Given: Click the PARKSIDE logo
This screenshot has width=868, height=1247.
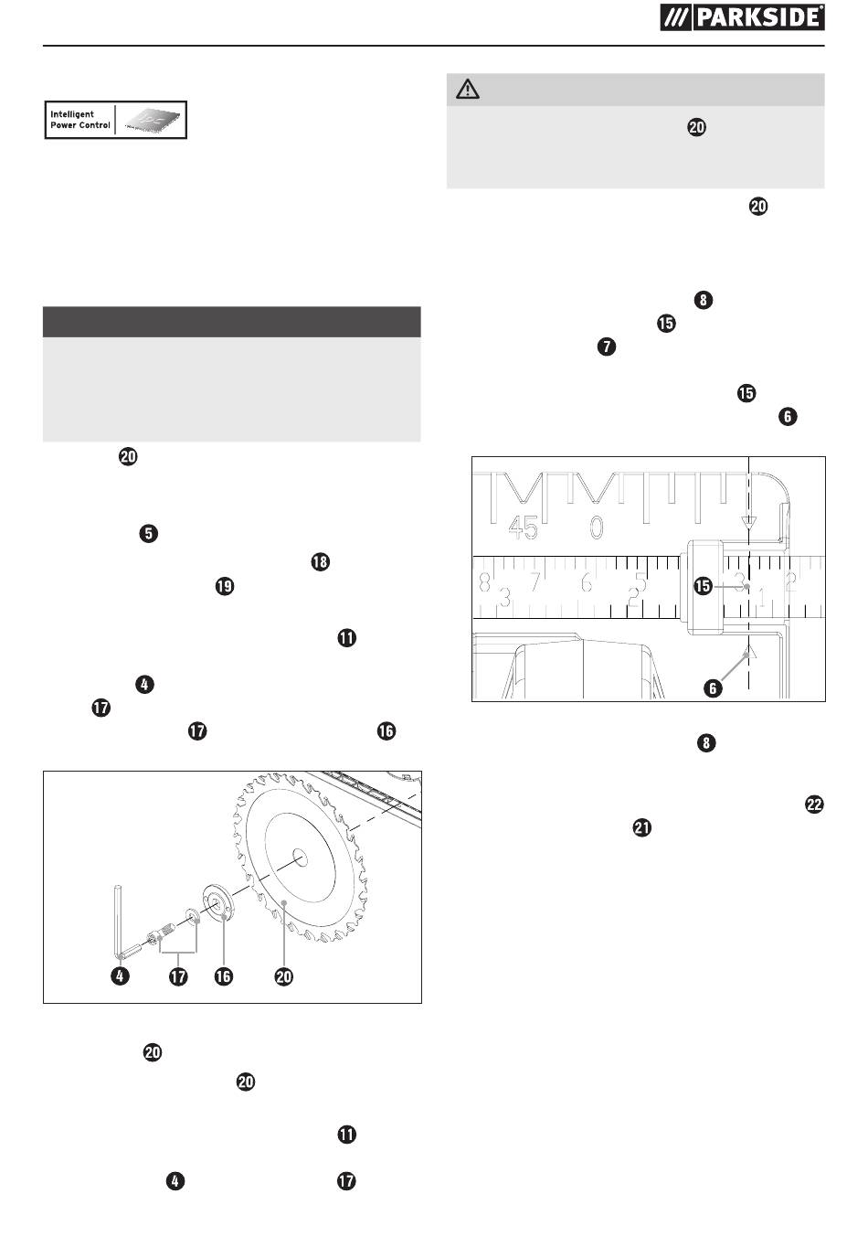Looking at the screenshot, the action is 742,17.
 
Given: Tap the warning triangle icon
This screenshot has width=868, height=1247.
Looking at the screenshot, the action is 468,89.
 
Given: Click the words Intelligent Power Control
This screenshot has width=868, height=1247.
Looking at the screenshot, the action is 80,120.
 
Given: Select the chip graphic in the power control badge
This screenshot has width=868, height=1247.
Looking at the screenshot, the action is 152,120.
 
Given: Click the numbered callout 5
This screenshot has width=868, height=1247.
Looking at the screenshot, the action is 149,533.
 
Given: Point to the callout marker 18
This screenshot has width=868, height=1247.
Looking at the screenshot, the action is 321,561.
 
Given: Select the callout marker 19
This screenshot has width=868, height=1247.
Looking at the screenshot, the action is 224,586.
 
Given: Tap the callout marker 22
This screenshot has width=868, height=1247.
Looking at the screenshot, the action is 814,805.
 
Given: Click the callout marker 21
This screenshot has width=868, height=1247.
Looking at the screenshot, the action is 642,827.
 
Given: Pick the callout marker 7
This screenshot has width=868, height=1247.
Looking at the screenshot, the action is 607,346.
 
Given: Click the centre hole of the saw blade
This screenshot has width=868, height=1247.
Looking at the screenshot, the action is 300,858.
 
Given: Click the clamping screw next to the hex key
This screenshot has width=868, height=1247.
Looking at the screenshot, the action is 162,933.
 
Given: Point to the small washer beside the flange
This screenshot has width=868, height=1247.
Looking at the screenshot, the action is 193,916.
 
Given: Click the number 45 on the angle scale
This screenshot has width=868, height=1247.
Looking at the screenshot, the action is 523,528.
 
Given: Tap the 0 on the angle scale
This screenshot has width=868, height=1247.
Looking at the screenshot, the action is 597,527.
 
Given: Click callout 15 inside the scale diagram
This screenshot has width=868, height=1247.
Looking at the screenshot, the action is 704,586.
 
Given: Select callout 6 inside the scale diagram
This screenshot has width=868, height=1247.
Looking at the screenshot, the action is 713,688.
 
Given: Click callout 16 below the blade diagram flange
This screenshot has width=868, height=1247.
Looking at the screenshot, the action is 223,975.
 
